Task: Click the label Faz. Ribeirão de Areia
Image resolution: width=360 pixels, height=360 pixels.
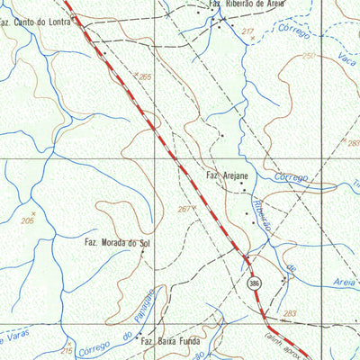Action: pos(247,4)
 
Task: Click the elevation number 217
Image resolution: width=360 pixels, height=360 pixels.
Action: pos(247,32)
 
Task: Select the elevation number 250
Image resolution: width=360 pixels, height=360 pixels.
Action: pos(309,56)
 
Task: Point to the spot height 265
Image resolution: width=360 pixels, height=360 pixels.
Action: pos(145,77)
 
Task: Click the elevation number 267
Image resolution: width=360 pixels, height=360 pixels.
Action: pos(184,209)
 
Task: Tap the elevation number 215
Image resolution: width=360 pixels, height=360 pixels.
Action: pos(66,350)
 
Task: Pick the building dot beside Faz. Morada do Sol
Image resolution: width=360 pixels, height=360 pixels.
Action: pos(154,241)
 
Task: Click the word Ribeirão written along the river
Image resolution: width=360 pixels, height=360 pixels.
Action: pos(260,214)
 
